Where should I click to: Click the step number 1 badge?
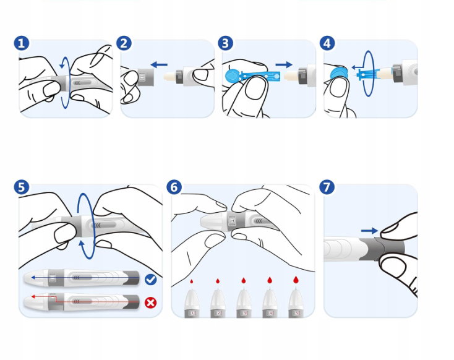coord(22,43)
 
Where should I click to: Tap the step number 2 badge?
coord(124,43)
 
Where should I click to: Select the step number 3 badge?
coord(226,43)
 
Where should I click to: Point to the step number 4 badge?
coord(328,43)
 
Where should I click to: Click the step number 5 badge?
coord(22,187)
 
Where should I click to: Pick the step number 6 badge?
coord(175,187)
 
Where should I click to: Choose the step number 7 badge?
coord(328,187)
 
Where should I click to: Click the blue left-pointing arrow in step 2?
coord(159,63)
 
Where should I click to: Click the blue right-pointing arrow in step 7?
coord(369,230)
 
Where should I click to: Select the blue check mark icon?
coord(150,280)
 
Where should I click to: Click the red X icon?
coord(150,303)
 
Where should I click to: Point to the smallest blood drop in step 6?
coord(192,281)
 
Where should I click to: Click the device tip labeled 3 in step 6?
coord(244,302)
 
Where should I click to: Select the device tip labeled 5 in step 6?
coord(296,302)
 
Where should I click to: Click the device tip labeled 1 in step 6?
coord(192,302)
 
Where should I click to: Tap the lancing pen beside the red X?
coord(80,302)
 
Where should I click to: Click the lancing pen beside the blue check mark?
coord(80,279)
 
